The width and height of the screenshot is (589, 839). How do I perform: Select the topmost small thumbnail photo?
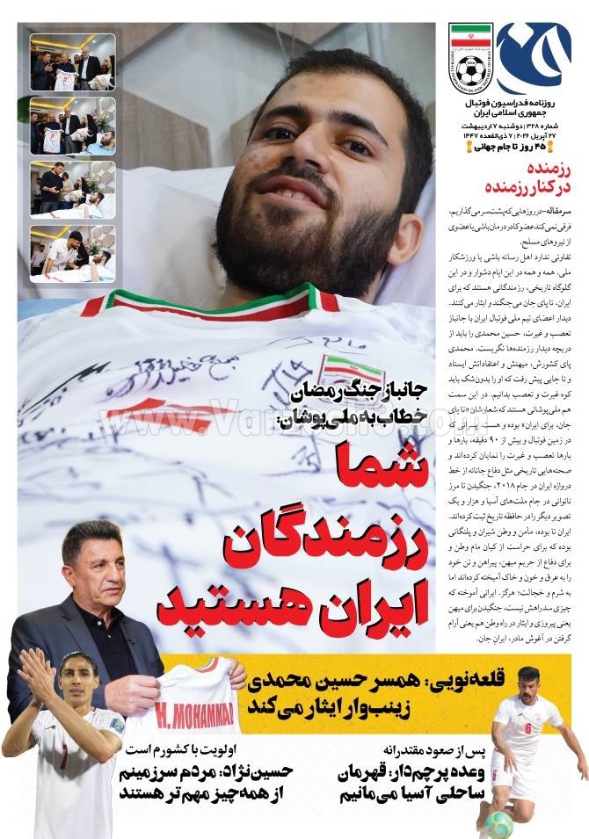point(72,61)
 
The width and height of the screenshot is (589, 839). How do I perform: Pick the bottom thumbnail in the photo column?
point(72,253)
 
